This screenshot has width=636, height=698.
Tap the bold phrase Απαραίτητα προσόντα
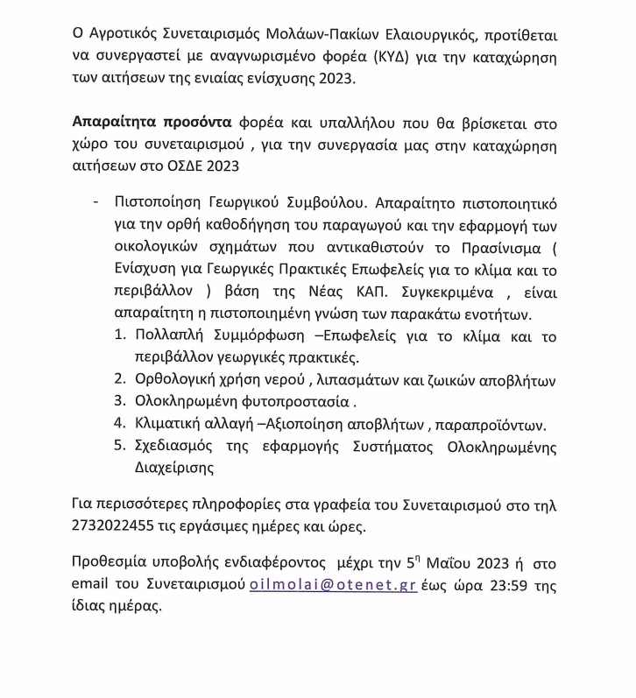151,123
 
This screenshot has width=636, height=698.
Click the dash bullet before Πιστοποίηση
95,202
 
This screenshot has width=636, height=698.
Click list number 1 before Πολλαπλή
119,336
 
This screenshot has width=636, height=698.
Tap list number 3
119,402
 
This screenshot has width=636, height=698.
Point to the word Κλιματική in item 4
173,425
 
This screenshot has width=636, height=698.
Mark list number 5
119,447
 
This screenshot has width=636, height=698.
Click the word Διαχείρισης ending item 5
175,469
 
